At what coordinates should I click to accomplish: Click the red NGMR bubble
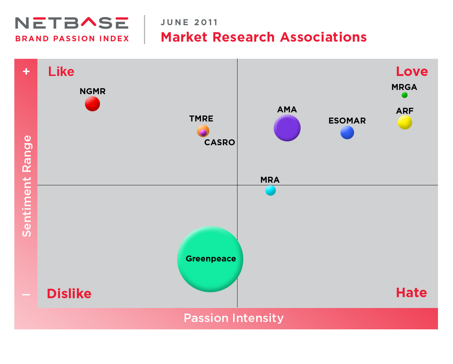pyautogui.click(x=92, y=104)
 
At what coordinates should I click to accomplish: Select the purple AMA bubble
pyautogui.click(x=287, y=128)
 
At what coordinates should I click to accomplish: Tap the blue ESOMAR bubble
pyautogui.click(x=347, y=133)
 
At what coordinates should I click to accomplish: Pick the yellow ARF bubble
pyautogui.click(x=405, y=122)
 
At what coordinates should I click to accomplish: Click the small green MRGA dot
pyautogui.click(x=404, y=95)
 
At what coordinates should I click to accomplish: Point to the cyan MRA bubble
pyautogui.click(x=271, y=190)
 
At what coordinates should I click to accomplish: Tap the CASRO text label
pyautogui.click(x=220, y=142)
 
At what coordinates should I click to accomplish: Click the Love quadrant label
pyautogui.click(x=412, y=71)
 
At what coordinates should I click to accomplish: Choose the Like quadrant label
pyautogui.click(x=61, y=71)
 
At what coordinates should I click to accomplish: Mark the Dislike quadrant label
pyautogui.click(x=69, y=294)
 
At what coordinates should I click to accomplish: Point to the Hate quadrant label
pyautogui.click(x=411, y=293)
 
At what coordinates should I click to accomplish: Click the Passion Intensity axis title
pyautogui.click(x=233, y=318)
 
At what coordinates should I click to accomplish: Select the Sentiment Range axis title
pyautogui.click(x=27, y=186)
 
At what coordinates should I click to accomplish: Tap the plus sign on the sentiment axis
pyautogui.click(x=26, y=71)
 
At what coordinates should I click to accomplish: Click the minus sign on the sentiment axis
pyautogui.click(x=26, y=295)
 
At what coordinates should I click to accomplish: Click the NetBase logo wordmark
pyautogui.click(x=72, y=23)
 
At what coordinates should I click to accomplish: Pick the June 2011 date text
pyautogui.click(x=189, y=22)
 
